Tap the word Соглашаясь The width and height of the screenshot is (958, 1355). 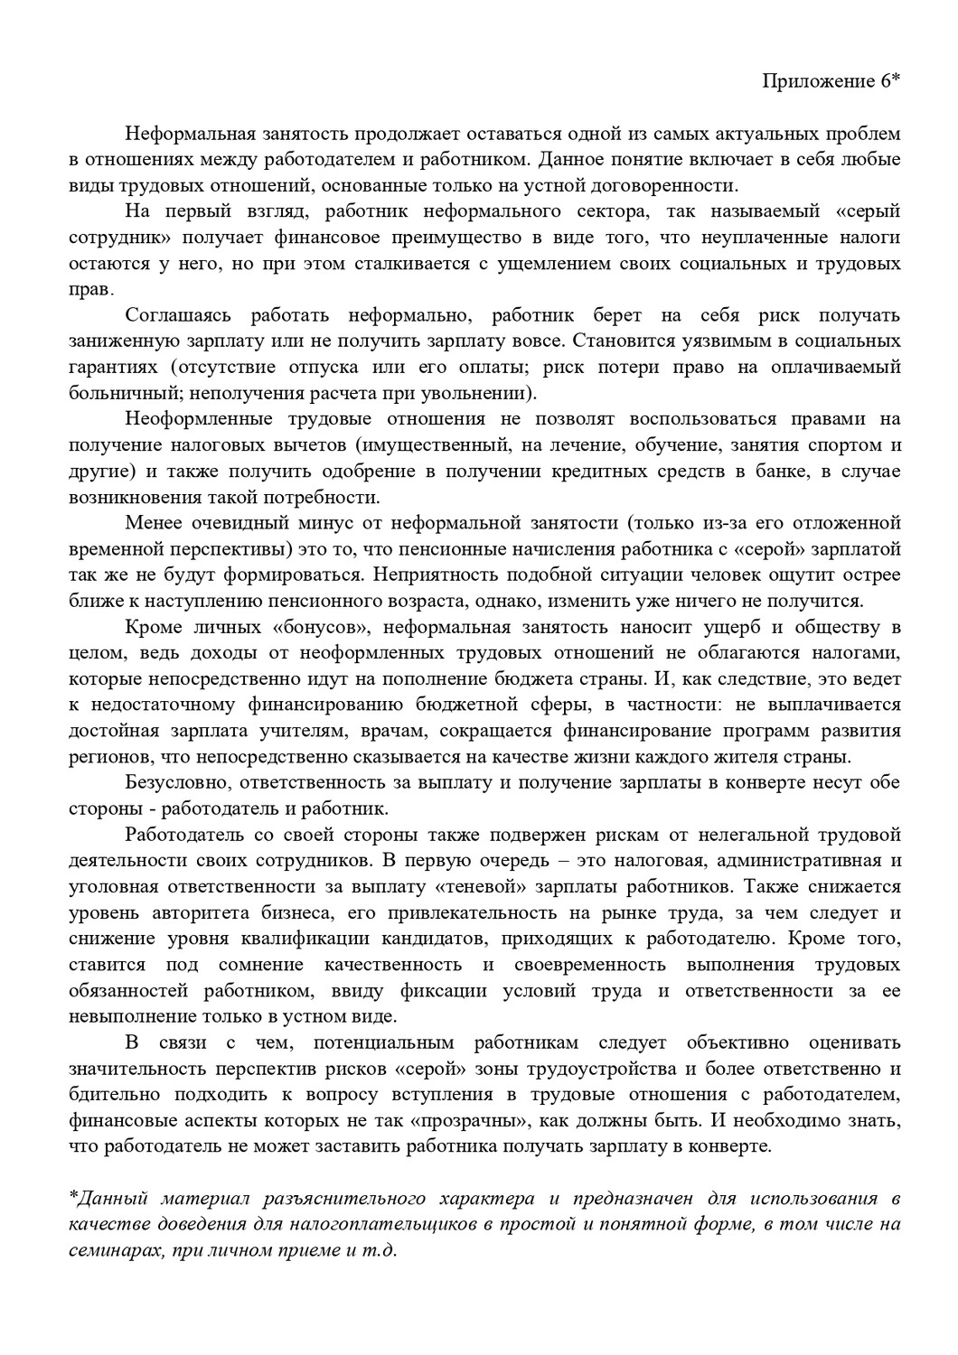[x=178, y=316]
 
